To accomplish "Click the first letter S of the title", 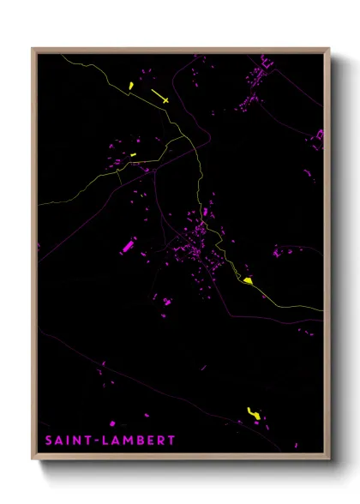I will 48,441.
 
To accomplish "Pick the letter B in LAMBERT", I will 138,441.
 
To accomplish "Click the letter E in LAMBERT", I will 148,441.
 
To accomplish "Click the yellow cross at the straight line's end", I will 165,99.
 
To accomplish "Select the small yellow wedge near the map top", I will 130,85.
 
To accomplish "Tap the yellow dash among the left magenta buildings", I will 134,154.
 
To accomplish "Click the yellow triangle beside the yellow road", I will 248,280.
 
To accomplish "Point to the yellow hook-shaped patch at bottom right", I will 253,414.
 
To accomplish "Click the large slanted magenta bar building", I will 128,246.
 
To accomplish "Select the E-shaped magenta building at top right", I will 265,62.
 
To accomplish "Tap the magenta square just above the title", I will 112,423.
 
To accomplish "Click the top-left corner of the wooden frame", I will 33,49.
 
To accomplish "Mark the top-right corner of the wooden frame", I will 329,49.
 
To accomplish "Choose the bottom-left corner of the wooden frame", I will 33,459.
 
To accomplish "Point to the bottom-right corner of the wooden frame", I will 329,459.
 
